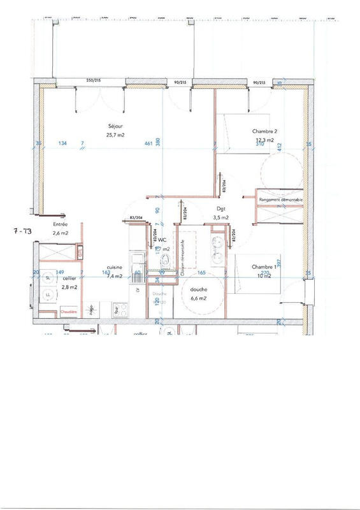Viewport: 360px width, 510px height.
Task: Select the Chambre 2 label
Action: (264, 132)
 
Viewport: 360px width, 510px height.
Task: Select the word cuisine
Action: (115, 269)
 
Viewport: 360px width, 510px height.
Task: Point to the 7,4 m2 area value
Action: (115, 277)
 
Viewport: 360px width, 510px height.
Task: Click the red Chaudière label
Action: (69, 311)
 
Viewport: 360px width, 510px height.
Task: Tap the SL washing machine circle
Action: (49, 278)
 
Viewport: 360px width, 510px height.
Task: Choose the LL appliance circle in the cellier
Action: (49, 297)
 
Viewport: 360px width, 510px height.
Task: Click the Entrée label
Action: (61, 224)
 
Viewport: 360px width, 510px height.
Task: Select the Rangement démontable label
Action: (280, 200)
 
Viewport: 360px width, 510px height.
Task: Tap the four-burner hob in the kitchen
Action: (118, 311)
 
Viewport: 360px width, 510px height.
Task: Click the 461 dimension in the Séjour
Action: (148, 144)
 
